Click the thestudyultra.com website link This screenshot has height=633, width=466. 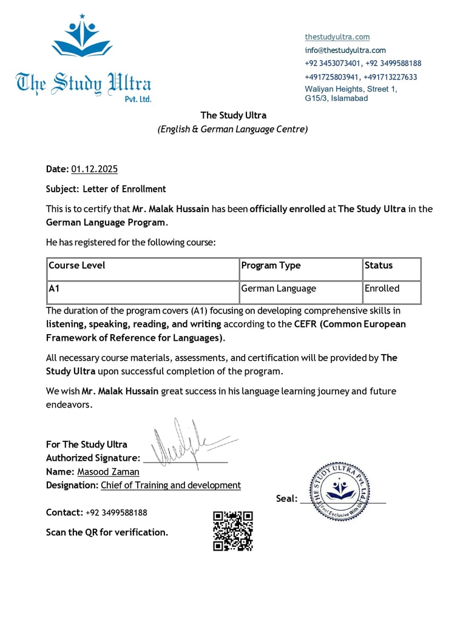337,37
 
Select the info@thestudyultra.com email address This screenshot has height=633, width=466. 345,50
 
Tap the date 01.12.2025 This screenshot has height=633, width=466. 94,169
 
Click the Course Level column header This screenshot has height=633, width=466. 76,266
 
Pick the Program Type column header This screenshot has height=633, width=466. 271,266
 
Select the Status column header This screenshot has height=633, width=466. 379,266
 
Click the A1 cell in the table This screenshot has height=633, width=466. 54,289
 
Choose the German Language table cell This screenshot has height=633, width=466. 279,289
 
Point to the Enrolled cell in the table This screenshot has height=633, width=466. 382,289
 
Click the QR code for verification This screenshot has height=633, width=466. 232,531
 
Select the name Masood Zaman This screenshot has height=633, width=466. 108,472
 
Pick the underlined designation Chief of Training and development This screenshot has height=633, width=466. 171,485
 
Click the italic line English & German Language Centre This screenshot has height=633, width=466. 233,129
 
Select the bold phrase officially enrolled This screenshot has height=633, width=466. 288,209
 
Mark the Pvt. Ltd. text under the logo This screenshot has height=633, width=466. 138,99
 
